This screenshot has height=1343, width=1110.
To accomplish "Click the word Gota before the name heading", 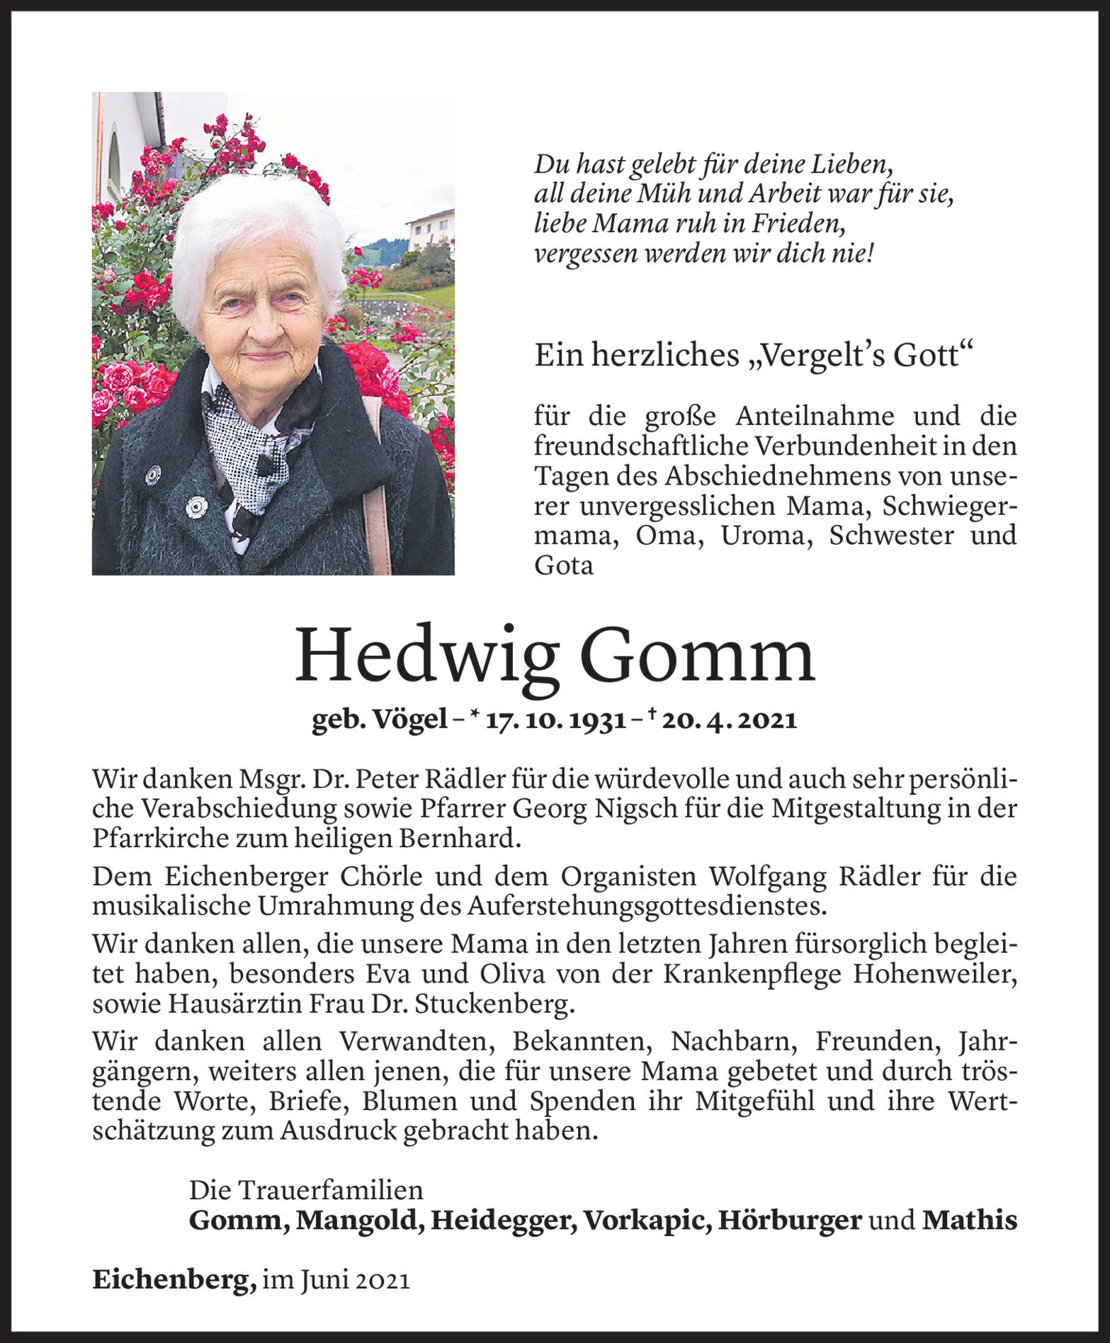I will click(x=564, y=565).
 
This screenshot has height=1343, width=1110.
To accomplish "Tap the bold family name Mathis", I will click(x=970, y=1220).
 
